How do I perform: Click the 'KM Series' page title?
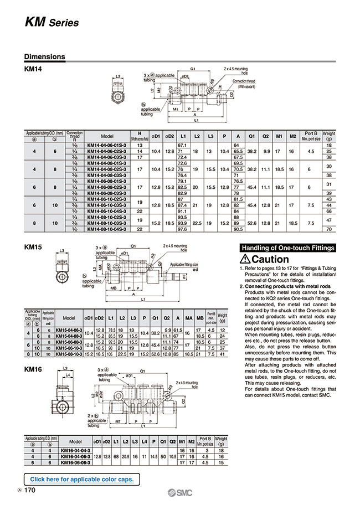point(52,22)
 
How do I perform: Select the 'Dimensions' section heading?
point(45,56)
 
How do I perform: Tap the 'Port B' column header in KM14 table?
point(311,133)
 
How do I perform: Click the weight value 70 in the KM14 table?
point(330,228)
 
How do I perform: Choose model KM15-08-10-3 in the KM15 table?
point(69,353)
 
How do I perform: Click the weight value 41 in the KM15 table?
point(222,353)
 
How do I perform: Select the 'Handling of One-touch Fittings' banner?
point(287,248)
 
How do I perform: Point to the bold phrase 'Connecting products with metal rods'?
point(280,286)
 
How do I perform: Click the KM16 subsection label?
point(34,368)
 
